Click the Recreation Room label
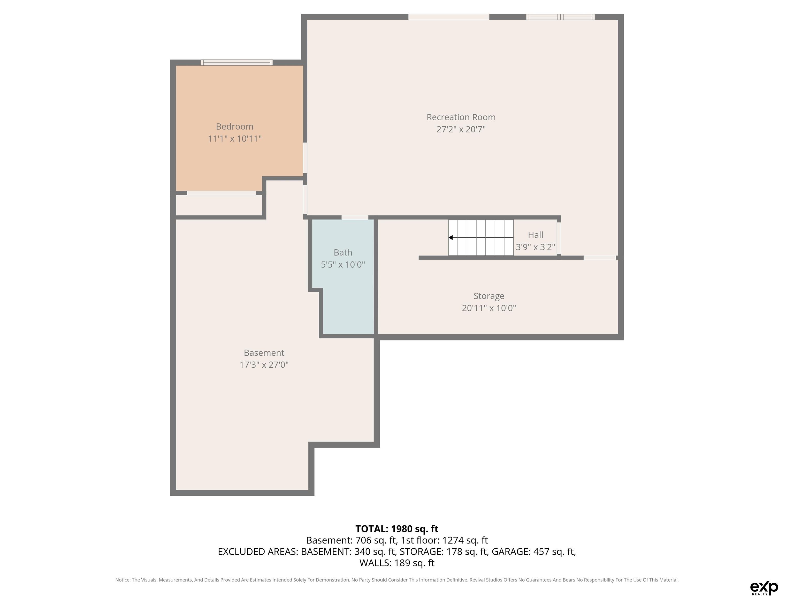click(x=461, y=117)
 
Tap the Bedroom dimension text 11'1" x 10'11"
click(x=235, y=139)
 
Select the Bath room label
click(x=343, y=252)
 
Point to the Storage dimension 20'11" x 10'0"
click(x=489, y=308)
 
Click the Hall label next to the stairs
click(x=536, y=235)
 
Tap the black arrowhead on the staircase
click(x=451, y=237)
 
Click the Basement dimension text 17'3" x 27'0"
click(x=264, y=365)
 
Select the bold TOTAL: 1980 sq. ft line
click(x=397, y=529)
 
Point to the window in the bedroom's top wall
click(x=236, y=63)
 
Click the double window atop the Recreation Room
click(x=560, y=17)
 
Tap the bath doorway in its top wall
click(x=355, y=217)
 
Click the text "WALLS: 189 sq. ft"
click(x=397, y=563)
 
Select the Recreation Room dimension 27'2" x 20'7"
click(x=461, y=129)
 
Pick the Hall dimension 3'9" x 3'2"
click(x=536, y=247)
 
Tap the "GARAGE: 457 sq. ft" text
click(x=533, y=552)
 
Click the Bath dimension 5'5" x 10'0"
click(x=343, y=265)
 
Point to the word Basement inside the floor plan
click(x=264, y=353)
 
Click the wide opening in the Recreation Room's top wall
click(x=449, y=17)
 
